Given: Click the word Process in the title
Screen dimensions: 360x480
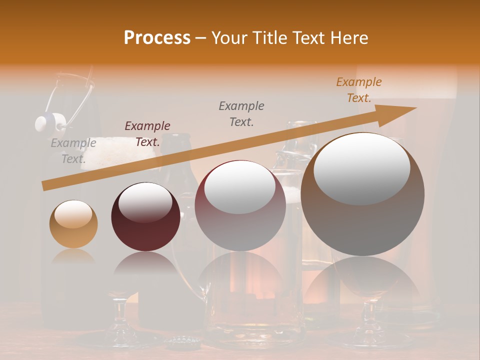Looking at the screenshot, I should (157, 38).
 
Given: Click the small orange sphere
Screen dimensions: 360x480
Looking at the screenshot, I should (73, 224).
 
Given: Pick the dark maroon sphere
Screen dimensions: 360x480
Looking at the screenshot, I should (145, 217).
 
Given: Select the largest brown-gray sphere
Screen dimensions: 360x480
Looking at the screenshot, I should (362, 194).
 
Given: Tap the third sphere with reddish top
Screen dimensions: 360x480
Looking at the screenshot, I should (240, 205).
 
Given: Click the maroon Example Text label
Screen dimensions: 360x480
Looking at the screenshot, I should (147, 134).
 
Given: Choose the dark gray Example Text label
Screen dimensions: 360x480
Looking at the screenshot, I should (241, 113).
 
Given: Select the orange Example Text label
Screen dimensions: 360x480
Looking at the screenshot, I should (358, 90).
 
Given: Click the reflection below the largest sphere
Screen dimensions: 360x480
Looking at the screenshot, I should (362, 280).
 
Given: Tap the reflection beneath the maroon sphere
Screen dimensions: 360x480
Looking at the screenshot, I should (145, 265).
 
